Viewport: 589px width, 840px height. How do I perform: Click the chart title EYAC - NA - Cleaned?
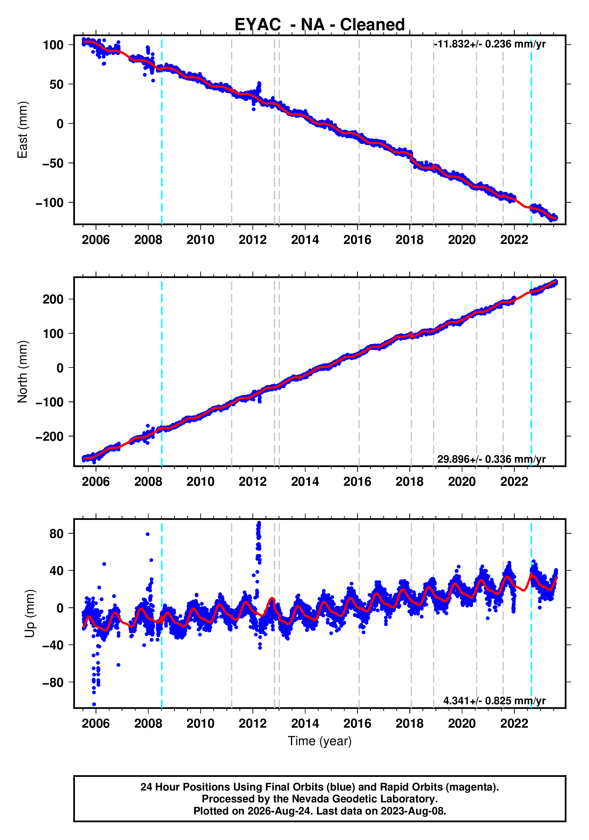point(320,25)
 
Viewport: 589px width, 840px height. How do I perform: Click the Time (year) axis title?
point(320,741)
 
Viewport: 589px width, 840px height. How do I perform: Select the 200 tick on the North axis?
point(53,299)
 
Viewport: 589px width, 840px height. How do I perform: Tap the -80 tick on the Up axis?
point(53,682)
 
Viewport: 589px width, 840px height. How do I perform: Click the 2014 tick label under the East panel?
point(305,240)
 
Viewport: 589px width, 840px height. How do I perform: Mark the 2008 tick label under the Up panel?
point(148,724)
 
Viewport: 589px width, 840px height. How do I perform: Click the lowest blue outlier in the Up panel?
point(94,704)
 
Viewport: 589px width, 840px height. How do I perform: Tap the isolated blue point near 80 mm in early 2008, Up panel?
point(147,534)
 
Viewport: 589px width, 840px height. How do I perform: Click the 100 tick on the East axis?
point(53,45)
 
